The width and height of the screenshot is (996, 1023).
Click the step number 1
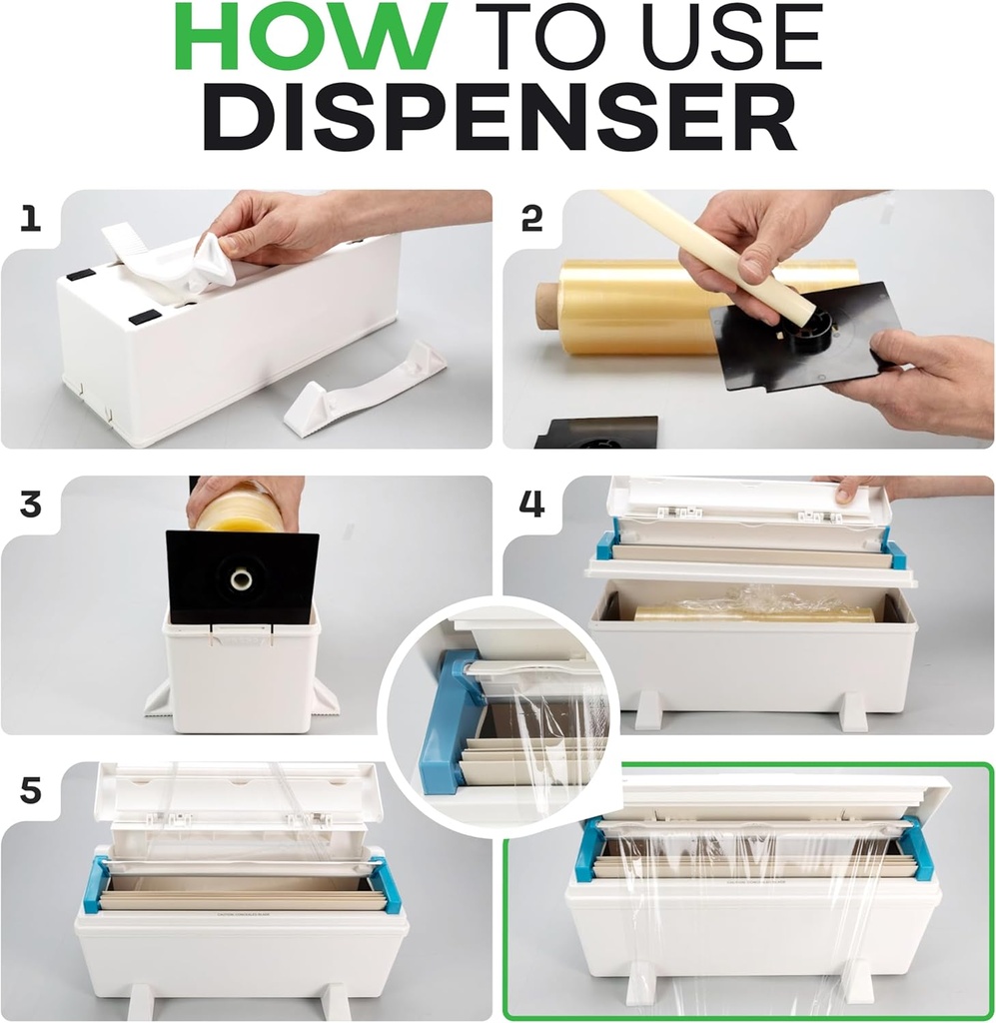click(x=31, y=219)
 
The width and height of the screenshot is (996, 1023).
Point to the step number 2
click(x=532, y=219)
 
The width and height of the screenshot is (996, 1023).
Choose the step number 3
click(x=31, y=505)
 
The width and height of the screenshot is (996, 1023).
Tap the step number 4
click(x=532, y=505)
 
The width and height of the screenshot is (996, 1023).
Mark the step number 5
click(x=31, y=790)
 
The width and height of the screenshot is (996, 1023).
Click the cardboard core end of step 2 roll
click(x=548, y=305)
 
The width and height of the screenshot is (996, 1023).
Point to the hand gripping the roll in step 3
click(x=244, y=497)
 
